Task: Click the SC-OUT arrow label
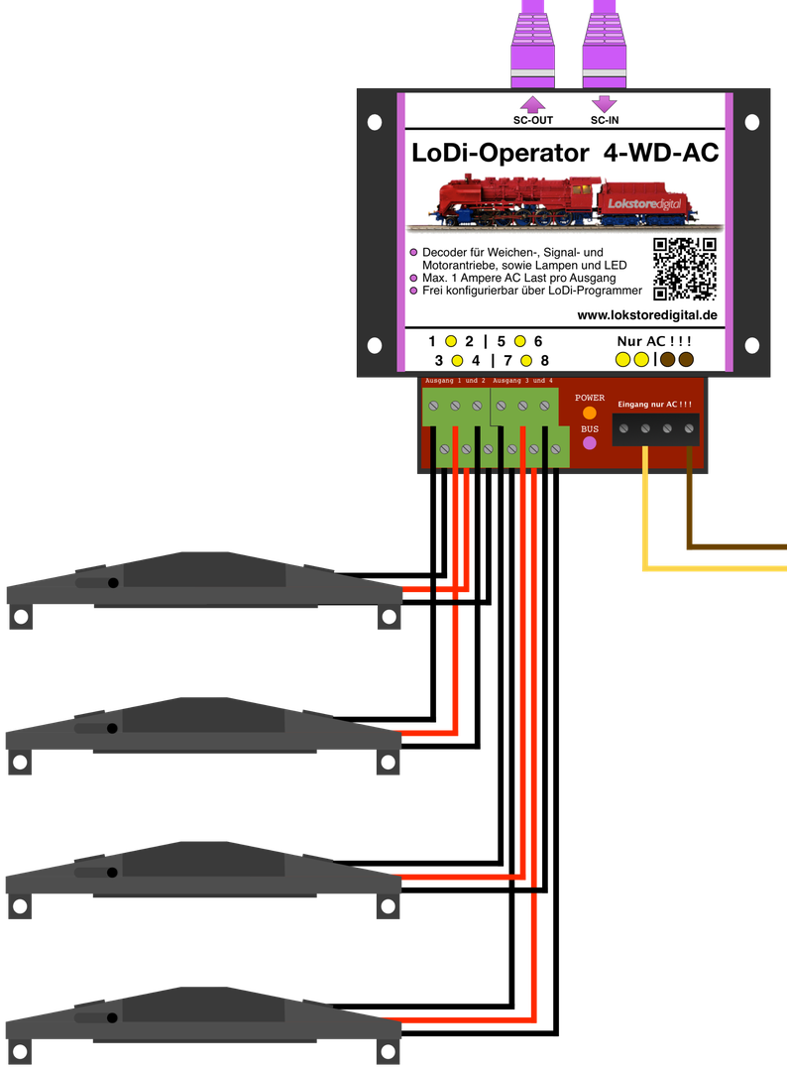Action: pyautogui.click(x=533, y=120)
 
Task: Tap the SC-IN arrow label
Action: pyautogui.click(x=605, y=120)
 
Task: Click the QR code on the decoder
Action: pyautogui.click(x=685, y=269)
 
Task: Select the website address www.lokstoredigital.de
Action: pyautogui.click(x=647, y=315)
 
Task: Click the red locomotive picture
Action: pyautogui.click(x=564, y=201)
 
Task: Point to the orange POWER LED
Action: pyautogui.click(x=590, y=413)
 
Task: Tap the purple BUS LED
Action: pyautogui.click(x=590, y=442)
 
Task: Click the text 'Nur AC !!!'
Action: pyautogui.click(x=654, y=341)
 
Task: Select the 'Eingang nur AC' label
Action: pyautogui.click(x=654, y=404)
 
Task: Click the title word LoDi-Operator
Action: pyautogui.click(x=501, y=153)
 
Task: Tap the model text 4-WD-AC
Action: pyautogui.click(x=661, y=153)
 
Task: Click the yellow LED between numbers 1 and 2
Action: pyautogui.click(x=451, y=341)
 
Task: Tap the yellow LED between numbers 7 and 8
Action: pyautogui.click(x=526, y=360)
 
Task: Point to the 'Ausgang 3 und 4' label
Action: pyautogui.click(x=523, y=381)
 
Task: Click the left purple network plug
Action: pyautogui.click(x=532, y=44)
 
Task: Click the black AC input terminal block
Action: pyautogui.click(x=655, y=429)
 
